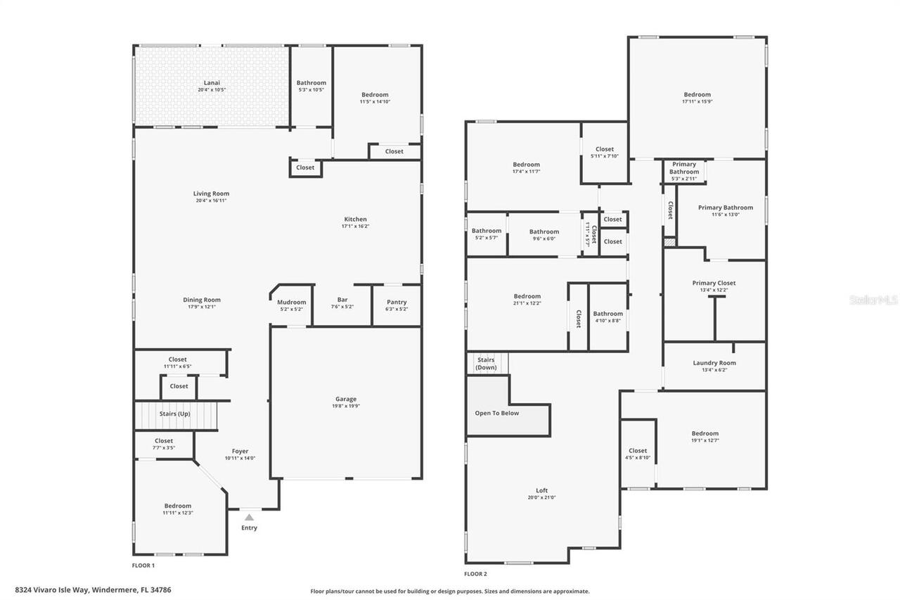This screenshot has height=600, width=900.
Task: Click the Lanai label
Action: click(x=212, y=83)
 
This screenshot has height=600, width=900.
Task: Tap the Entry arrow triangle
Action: click(x=249, y=517)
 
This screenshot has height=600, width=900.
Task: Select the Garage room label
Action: click(x=345, y=399)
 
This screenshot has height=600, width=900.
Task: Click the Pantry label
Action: click(x=397, y=302)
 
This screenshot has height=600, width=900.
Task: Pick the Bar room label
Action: click(x=342, y=300)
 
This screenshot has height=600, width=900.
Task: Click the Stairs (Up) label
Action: click(x=174, y=414)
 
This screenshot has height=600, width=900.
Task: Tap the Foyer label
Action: click(x=240, y=452)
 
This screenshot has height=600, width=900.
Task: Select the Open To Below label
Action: click(x=496, y=413)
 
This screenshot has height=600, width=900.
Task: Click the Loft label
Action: click(x=541, y=490)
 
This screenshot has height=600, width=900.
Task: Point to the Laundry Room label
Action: click(x=714, y=363)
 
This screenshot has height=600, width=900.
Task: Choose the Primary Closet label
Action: click(x=714, y=283)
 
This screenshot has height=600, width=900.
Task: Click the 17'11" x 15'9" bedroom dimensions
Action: click(x=697, y=101)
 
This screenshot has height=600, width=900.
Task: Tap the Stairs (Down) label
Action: click(x=486, y=364)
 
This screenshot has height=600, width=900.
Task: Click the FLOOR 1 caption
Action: click(x=143, y=565)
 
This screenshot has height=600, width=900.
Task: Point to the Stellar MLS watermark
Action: click(x=873, y=300)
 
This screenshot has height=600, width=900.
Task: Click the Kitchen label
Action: click(x=355, y=219)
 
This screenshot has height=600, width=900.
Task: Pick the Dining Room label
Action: click(x=202, y=300)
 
